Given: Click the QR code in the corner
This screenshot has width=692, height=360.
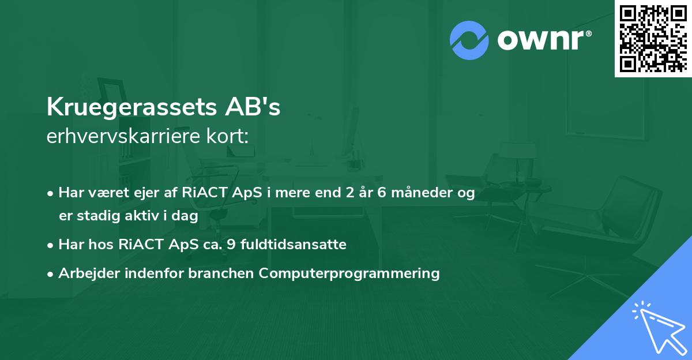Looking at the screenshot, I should [653, 38].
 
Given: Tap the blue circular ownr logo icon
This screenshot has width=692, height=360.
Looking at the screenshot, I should [469, 40].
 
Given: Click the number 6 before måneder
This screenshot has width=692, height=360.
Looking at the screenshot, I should [382, 193].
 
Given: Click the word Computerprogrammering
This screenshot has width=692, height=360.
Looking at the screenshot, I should [349, 273].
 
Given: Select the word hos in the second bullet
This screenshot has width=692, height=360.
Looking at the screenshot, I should [104, 245].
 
